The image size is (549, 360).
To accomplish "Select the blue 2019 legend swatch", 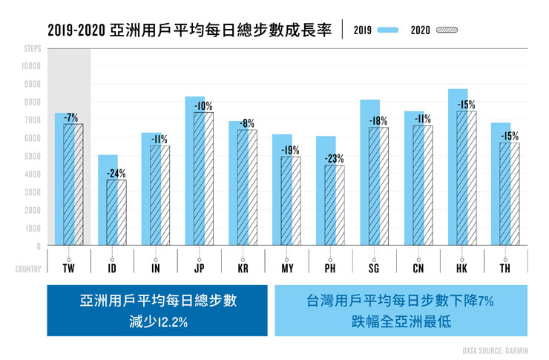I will pyautogui.click(x=387, y=30).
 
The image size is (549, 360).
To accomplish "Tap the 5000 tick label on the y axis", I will pyautogui.click(x=32, y=156).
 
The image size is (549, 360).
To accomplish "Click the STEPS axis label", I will pyautogui.click(x=31, y=48).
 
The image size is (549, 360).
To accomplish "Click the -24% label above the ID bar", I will pyautogui.click(x=115, y=174).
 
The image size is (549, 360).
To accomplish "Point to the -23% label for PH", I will pyautogui.click(x=334, y=158).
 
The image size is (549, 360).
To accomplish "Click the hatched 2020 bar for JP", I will pyautogui.click(x=203, y=178).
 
